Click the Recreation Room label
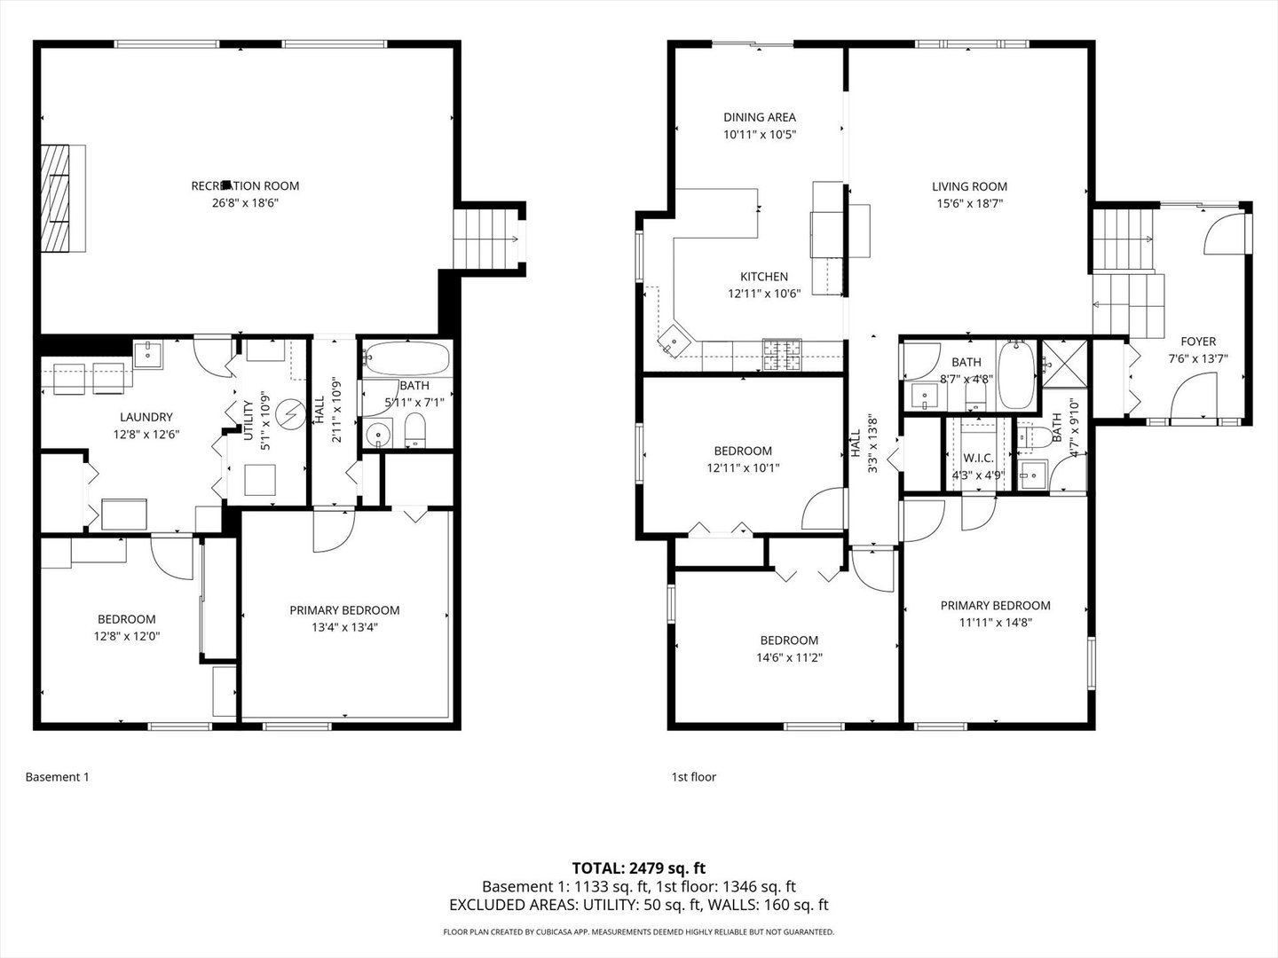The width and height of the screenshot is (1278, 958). tap(245, 185)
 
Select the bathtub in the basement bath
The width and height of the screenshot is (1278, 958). tap(406, 359)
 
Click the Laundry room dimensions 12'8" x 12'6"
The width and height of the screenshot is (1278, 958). tap(146, 435)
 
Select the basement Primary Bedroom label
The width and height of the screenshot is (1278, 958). tap(344, 610)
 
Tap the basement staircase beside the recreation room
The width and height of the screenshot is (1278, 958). tap(488, 238)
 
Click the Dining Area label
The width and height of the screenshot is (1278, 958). tap(759, 117)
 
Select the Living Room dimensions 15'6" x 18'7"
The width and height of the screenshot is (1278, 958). tap(969, 203)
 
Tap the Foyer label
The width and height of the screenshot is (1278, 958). tap(1197, 342)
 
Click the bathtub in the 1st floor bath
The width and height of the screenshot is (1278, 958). tap(1014, 375)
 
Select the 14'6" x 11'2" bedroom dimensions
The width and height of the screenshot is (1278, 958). tap(788, 657)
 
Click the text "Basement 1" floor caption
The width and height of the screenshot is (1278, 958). tap(57, 777)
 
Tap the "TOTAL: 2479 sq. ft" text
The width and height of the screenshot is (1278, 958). tap(638, 868)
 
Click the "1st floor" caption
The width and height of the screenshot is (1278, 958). tap(693, 777)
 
